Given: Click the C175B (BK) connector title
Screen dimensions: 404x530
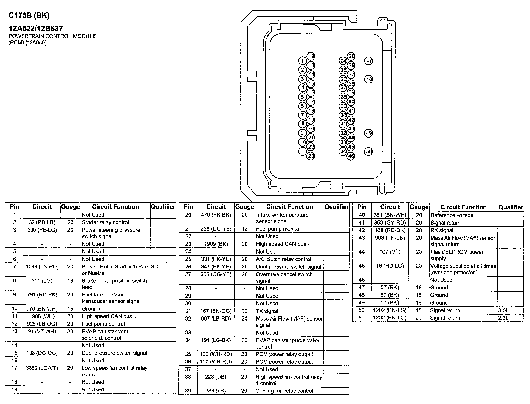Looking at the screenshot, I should [x=29, y=16].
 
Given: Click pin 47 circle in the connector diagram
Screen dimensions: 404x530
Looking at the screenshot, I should [x=369, y=61].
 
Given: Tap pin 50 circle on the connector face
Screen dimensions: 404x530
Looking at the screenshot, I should [x=369, y=151].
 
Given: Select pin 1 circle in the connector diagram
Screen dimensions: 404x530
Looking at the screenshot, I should [x=302, y=61].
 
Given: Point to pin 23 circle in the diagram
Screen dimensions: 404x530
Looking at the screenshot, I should [x=311, y=156].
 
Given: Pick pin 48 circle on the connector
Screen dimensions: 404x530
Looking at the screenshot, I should [x=369, y=79].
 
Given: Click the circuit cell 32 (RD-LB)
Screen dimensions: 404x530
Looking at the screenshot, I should [x=42, y=222].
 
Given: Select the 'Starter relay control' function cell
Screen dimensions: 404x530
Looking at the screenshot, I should [x=105, y=222].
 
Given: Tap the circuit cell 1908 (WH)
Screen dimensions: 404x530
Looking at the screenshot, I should [x=42, y=316].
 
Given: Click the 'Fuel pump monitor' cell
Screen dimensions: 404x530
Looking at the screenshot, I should [x=278, y=229].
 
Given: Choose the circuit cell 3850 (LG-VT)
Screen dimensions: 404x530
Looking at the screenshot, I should [x=42, y=368].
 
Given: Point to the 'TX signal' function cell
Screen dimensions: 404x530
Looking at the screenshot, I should [x=267, y=311].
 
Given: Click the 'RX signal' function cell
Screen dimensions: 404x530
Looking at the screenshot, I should [x=442, y=230].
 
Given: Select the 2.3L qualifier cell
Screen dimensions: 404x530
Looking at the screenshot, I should [x=503, y=318].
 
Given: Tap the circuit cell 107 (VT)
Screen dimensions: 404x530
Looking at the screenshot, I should [x=390, y=252].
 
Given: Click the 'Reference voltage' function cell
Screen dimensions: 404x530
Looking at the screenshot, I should [x=452, y=215].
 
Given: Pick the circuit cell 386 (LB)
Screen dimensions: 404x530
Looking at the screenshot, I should [x=216, y=391].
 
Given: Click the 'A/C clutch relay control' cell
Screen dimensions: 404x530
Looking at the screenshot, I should [x=283, y=259].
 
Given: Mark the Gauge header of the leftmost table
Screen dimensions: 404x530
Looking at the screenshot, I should [x=71, y=207].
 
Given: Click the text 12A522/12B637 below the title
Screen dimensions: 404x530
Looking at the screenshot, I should [x=36, y=28].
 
